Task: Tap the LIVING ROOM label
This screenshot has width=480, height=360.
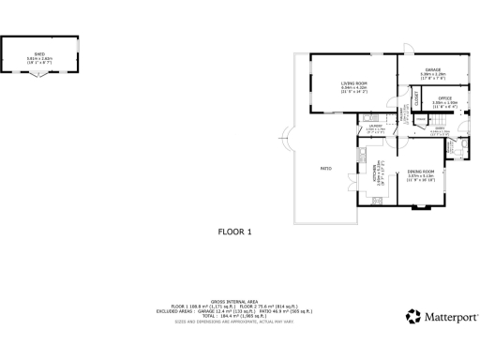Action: pyautogui.click(x=353, y=83)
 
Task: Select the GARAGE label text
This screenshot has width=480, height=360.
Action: pyautogui.click(x=432, y=70)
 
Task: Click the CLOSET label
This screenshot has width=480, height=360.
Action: pyautogui.click(x=415, y=98)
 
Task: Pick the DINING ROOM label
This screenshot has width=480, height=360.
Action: pyautogui.click(x=421, y=172)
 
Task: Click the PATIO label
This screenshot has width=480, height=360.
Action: pyautogui.click(x=326, y=168)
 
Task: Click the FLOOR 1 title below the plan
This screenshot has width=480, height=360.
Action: pyautogui.click(x=235, y=231)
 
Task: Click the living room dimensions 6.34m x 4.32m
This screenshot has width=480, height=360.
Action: pyautogui.click(x=353, y=89)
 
